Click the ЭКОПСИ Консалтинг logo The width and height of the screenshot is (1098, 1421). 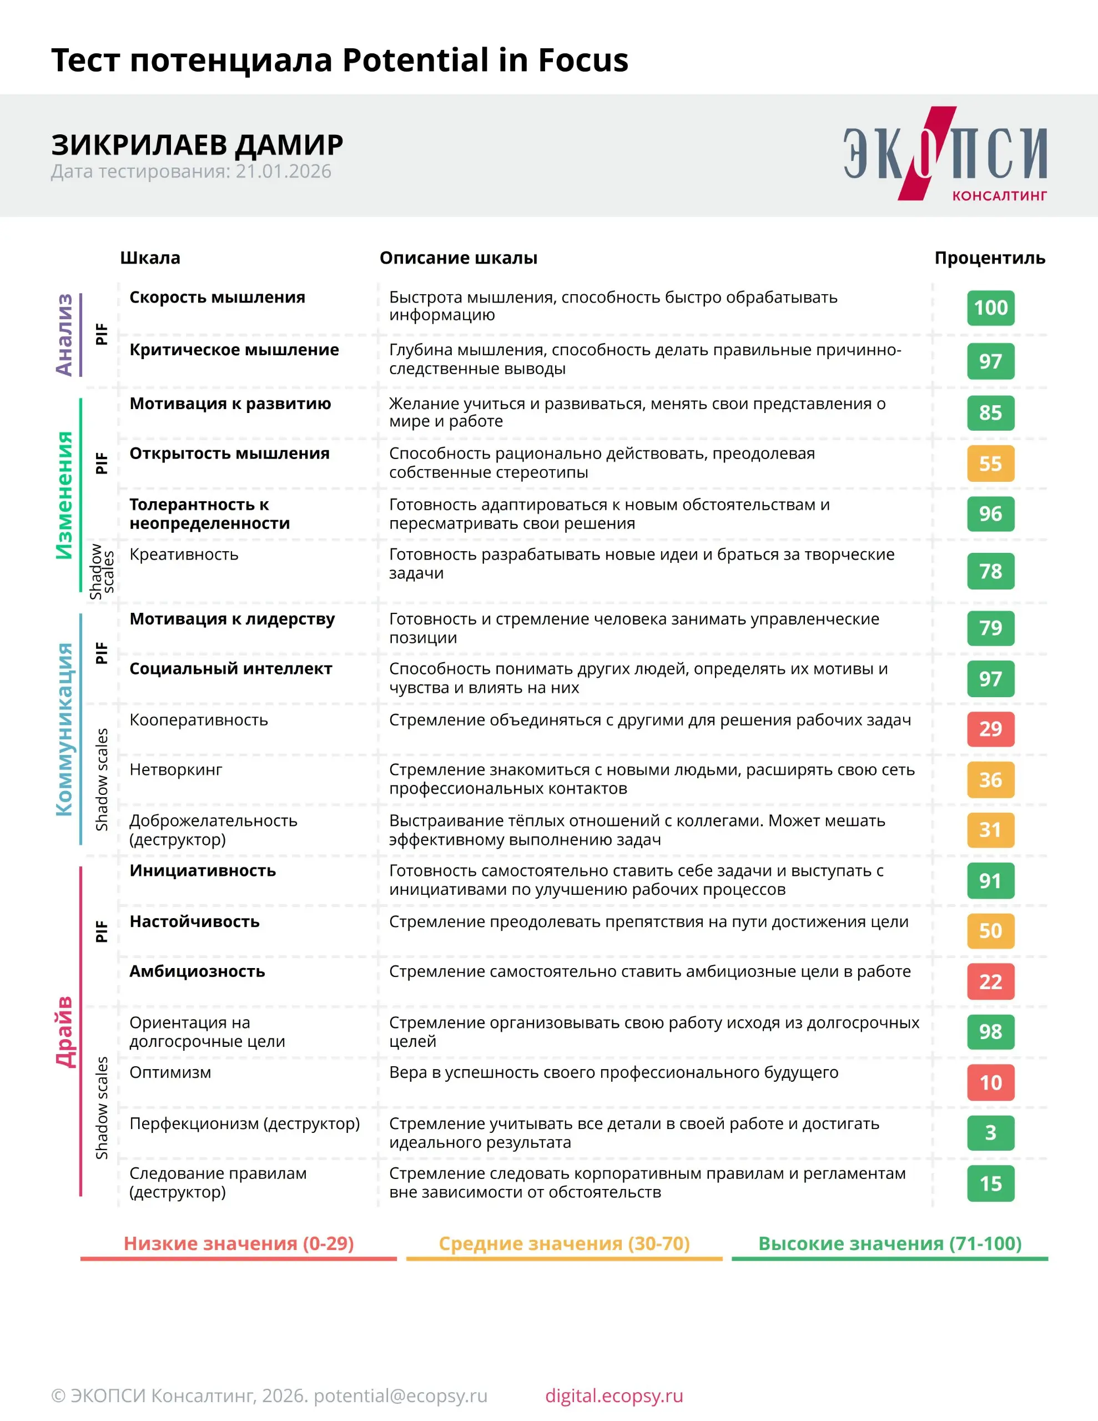tap(944, 154)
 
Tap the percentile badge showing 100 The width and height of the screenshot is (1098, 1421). tap(990, 308)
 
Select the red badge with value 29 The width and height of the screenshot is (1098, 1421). tap(990, 729)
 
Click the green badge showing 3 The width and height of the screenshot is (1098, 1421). tap(990, 1133)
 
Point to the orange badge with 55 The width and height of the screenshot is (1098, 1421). tap(990, 463)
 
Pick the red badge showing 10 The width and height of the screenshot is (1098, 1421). tap(990, 1082)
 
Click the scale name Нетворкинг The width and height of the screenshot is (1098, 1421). tap(176, 770)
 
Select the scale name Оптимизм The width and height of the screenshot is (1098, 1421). tap(170, 1072)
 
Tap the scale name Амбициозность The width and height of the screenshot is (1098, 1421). tap(197, 971)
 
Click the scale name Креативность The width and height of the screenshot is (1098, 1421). tap(184, 555)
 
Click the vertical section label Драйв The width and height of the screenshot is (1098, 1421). tap(64, 1031)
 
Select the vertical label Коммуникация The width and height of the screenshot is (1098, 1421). tap(64, 729)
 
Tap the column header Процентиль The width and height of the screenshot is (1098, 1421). tap(989, 258)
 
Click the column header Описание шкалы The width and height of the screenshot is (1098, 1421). tap(458, 258)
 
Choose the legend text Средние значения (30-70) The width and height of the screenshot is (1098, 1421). tap(563, 1243)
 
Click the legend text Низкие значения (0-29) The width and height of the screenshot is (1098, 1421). tap(239, 1243)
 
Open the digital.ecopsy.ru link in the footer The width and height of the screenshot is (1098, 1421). tap(614, 1395)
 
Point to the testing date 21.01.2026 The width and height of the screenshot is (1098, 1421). tap(283, 171)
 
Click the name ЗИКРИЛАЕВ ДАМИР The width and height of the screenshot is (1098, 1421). tap(197, 144)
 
